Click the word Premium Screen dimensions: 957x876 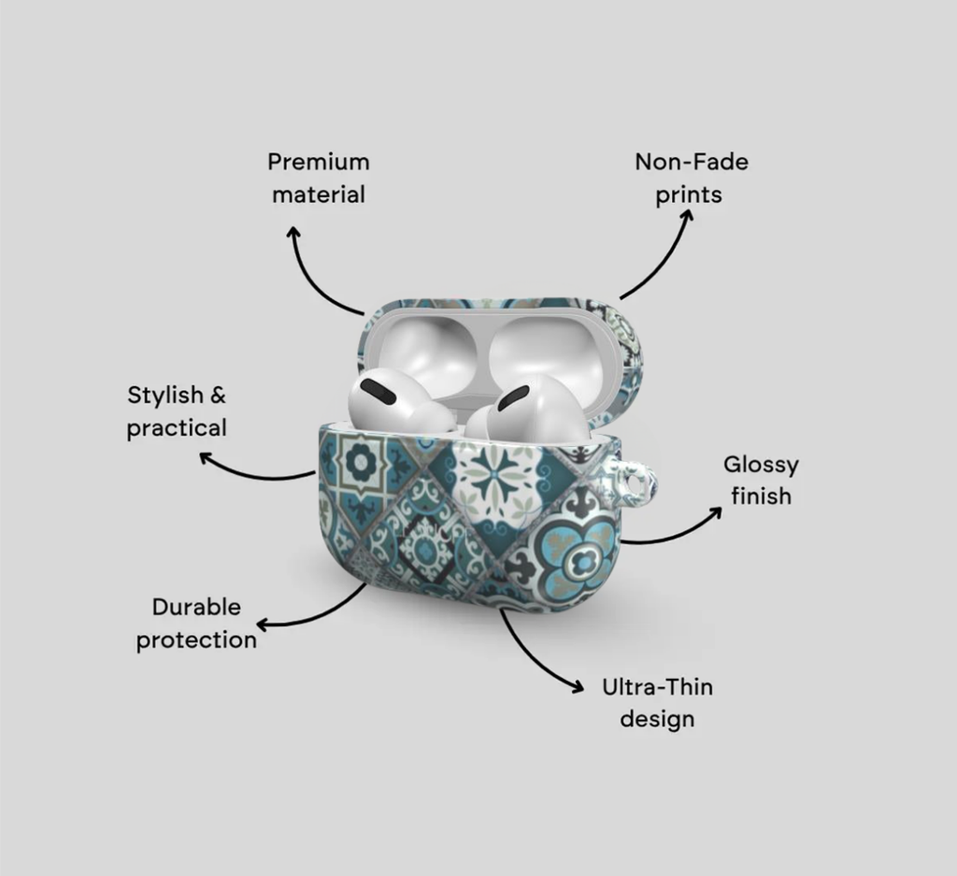point(319,162)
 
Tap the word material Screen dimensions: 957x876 point(319,194)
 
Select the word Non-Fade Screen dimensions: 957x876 point(692,162)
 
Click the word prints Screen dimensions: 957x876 point(689,195)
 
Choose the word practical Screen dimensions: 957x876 point(177,428)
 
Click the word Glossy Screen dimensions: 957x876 point(761,466)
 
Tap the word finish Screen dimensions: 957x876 point(761,496)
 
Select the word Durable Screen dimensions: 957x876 point(196,608)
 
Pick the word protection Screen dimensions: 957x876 point(196,640)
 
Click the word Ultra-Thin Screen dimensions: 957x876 point(657,687)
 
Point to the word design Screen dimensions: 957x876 point(657,719)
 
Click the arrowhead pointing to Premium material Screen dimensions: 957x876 point(294,233)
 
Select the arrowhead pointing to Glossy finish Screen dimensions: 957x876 point(715,511)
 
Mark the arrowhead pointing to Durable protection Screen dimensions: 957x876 point(263,625)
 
